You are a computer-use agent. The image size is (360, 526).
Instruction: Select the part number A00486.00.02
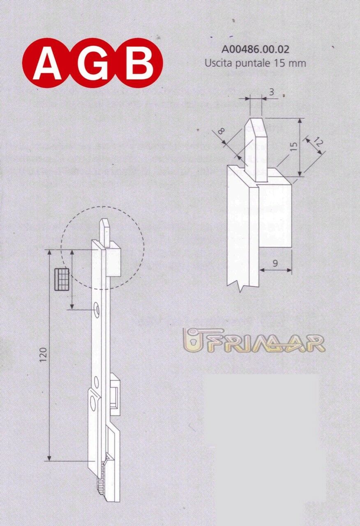click(255, 50)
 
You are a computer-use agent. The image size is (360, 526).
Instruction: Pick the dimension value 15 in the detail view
click(293, 147)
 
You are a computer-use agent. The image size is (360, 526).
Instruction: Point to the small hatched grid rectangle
click(62, 279)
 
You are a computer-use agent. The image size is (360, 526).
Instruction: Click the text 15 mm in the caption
click(293, 63)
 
